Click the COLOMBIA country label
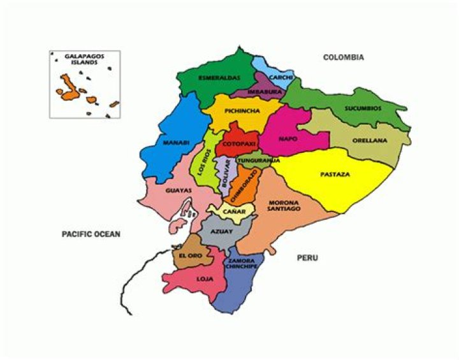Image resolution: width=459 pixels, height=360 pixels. click(343, 57)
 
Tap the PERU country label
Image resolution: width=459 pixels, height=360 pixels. click(307, 258)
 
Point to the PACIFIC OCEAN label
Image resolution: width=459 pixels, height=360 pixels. click(91, 234)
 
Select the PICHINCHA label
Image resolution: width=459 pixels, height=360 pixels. click(242, 110)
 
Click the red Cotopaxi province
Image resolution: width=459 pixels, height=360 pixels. click(238, 145)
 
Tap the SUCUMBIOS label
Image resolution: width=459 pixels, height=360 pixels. click(363, 108)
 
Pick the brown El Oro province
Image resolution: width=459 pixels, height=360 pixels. click(190, 254)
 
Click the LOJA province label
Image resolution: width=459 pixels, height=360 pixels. click(205, 278)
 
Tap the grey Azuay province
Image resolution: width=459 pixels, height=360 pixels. click(222, 232)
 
